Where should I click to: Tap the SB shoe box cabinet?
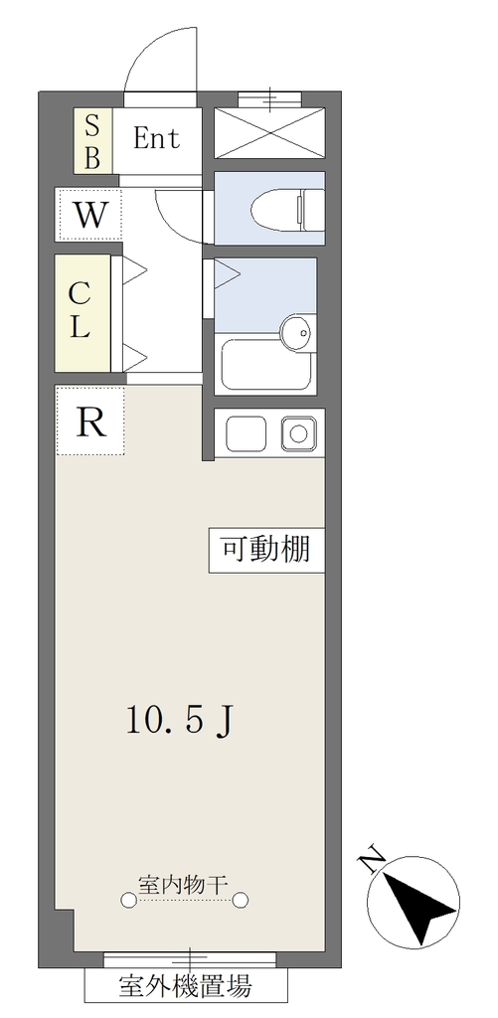coord(92,140)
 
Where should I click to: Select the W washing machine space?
coord(88,215)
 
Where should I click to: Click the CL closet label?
coord(80,312)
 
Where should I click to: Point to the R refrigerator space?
coord(89,421)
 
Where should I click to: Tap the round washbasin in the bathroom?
coord(297,334)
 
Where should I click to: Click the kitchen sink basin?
coord(247,433)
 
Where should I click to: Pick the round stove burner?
coord(298,433)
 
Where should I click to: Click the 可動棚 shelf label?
coord(266,551)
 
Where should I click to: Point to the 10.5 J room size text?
coord(179,720)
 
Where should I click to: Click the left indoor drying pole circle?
coord(128,899)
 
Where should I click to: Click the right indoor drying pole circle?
coord(241,899)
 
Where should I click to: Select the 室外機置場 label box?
coord(186,985)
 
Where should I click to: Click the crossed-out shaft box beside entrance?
coord(269,133)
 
